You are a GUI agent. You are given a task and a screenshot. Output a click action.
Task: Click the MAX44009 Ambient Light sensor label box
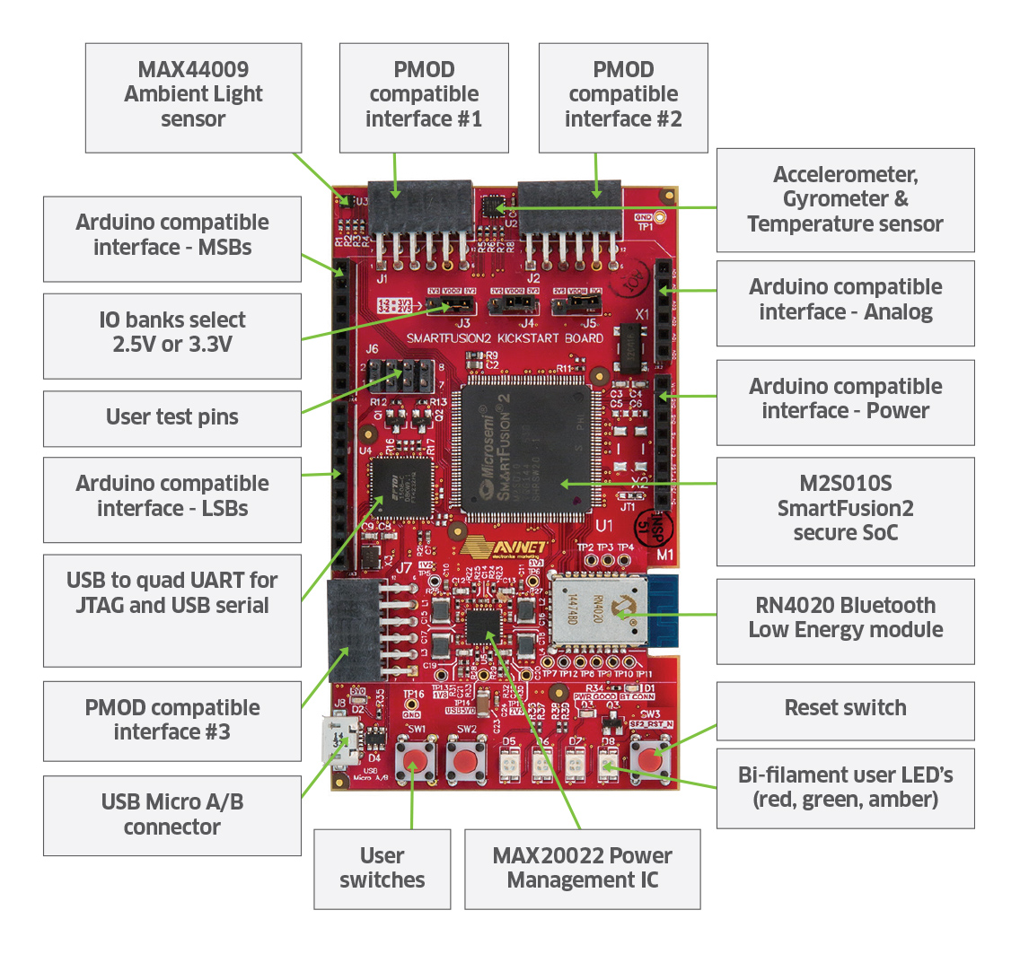(193, 94)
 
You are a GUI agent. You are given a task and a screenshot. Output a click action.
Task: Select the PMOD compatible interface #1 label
(424, 94)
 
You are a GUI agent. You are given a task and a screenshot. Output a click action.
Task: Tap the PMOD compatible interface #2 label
(623, 94)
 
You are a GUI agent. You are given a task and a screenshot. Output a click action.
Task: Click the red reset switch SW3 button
(652, 759)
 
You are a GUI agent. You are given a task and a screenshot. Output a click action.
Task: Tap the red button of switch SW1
(414, 763)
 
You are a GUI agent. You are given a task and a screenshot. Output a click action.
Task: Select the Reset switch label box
(845, 708)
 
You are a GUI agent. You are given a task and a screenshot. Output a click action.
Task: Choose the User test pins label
(172, 417)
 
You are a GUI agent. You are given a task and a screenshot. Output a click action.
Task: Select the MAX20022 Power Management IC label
(582, 868)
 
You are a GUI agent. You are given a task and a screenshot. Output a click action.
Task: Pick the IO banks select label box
(172, 333)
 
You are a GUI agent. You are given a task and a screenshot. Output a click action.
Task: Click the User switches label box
(382, 868)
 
